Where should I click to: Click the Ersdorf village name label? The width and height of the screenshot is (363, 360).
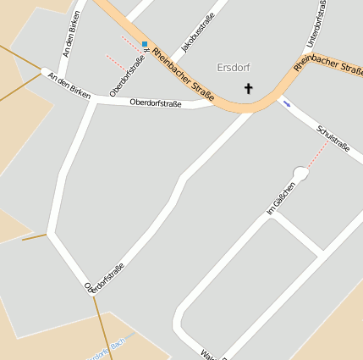click(234, 67)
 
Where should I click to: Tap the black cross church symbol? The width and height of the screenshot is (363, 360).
click(249, 88)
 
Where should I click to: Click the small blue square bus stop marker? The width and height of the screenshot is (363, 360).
click(145, 44)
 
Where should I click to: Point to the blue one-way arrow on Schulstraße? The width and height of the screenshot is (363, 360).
click(287, 104)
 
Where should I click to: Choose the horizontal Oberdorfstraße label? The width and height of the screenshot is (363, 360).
click(156, 103)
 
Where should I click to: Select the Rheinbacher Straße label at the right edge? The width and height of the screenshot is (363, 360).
click(328, 63)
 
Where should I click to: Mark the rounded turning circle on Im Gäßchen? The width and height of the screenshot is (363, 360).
click(300, 173)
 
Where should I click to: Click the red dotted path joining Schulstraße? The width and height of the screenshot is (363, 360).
click(317, 154)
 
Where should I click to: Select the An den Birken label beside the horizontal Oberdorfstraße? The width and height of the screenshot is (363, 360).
click(69, 86)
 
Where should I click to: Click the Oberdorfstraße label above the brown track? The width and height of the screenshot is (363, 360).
click(106, 278)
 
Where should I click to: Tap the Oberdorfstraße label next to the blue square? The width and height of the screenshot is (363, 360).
click(129, 75)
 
